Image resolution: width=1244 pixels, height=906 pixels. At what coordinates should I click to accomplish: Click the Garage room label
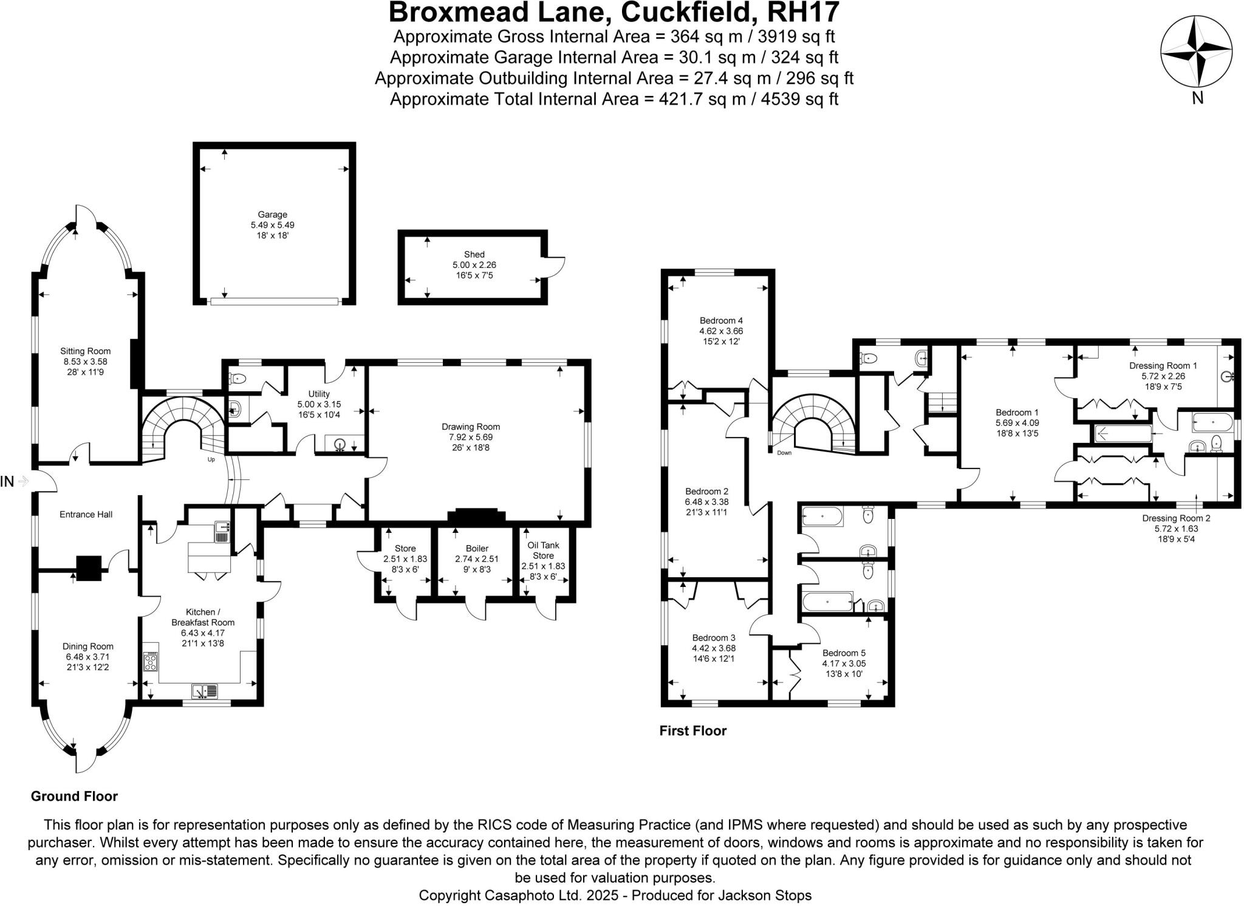tap(272, 214)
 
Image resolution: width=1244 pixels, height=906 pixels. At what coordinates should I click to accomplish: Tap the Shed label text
tap(474, 255)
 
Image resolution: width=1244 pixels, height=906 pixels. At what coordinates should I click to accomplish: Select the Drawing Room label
tap(471, 427)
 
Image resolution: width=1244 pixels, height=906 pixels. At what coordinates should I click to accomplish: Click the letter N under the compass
tap(1197, 98)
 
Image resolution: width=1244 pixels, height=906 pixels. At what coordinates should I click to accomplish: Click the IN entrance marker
tap(8, 482)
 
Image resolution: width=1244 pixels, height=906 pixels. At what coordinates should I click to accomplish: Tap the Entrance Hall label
tap(86, 515)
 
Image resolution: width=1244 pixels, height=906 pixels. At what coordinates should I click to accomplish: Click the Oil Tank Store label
tap(543, 550)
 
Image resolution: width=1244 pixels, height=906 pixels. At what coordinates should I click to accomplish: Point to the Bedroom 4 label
tap(721, 321)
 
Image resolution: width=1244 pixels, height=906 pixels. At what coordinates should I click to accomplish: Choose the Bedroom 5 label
tap(844, 653)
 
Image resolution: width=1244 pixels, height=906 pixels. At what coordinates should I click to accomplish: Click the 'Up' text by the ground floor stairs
tap(211, 459)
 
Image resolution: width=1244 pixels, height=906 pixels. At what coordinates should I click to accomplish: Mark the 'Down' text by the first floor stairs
tap(784, 453)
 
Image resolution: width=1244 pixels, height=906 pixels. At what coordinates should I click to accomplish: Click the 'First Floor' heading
tap(692, 731)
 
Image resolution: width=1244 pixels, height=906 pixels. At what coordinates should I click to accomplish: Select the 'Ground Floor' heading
tap(74, 796)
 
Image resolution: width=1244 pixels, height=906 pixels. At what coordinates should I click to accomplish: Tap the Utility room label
tap(319, 394)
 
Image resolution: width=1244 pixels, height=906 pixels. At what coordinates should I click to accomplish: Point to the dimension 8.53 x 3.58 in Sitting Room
tap(86, 362)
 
